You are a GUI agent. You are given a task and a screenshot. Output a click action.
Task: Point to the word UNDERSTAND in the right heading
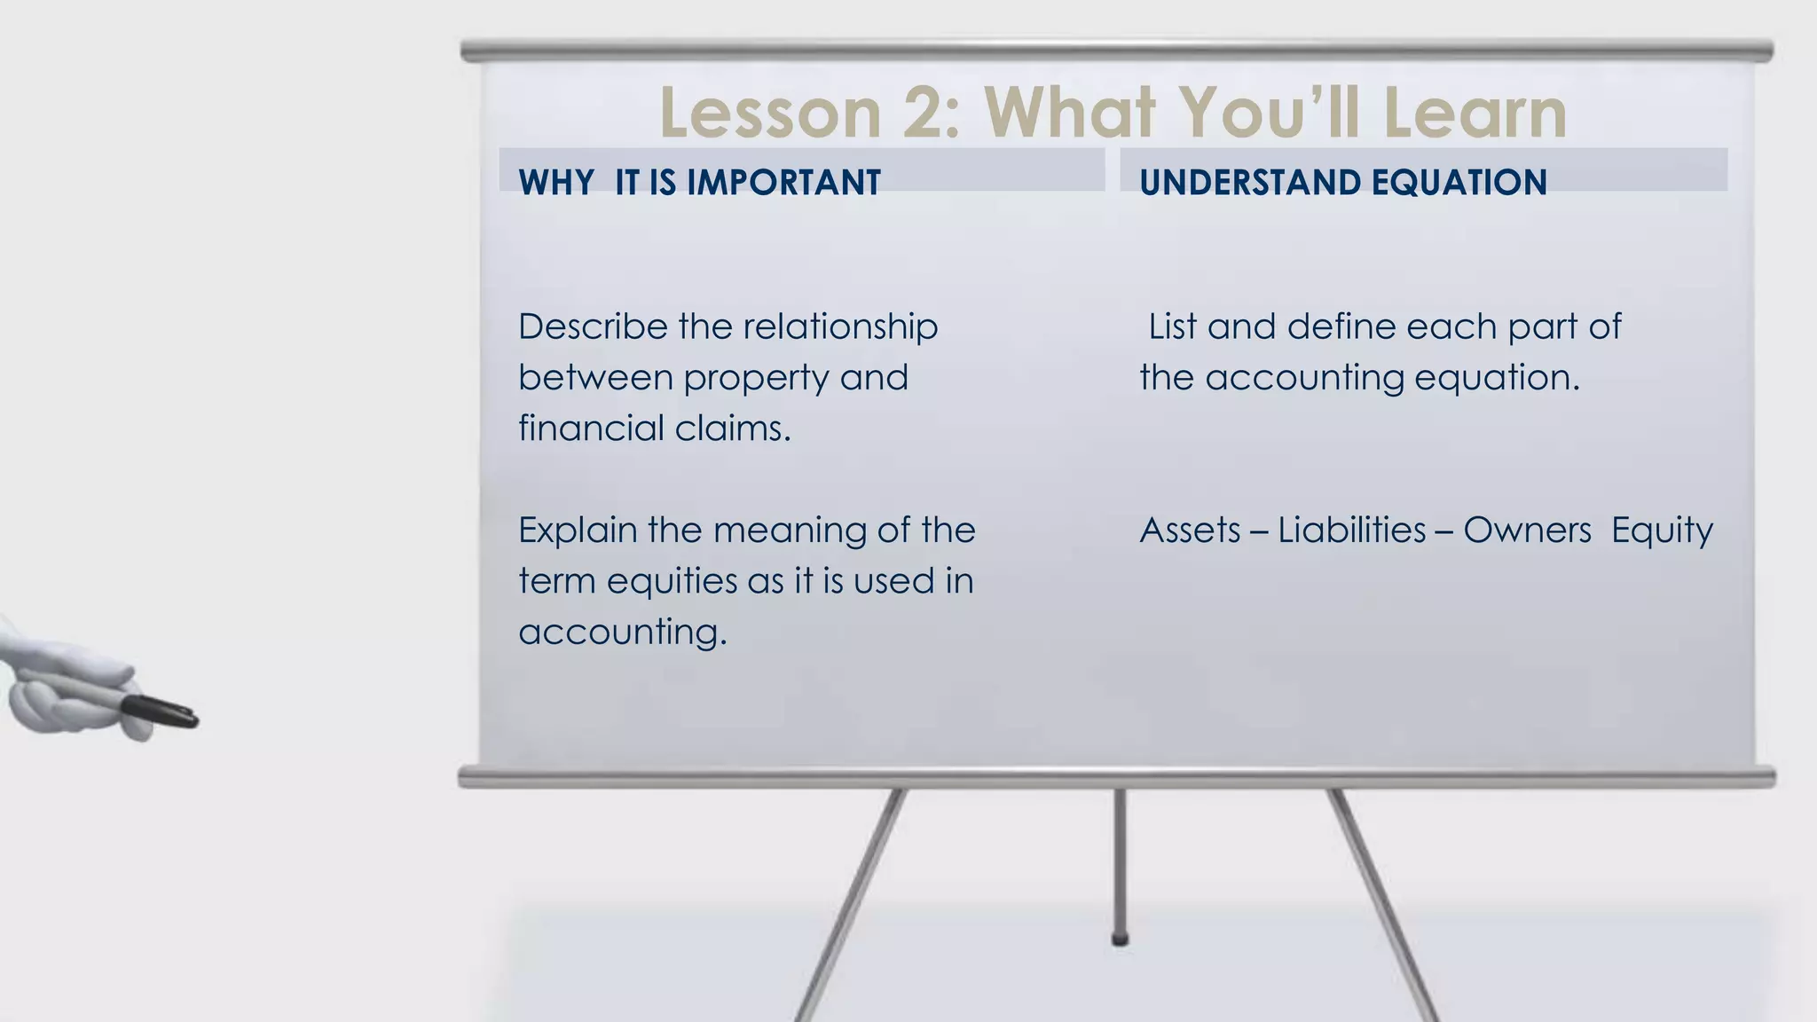[1250, 183]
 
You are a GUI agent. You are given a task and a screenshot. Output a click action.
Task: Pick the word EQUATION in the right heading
[1459, 183]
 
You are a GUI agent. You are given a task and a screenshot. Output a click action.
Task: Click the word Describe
[593, 326]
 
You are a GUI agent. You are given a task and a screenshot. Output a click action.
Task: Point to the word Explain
[578, 531]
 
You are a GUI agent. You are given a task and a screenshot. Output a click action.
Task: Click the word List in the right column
[1172, 326]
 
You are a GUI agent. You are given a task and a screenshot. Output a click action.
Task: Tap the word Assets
[1190, 531]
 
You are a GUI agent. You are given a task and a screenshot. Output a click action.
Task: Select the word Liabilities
[1351, 531]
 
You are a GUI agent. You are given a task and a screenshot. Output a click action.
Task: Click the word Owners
[1527, 531]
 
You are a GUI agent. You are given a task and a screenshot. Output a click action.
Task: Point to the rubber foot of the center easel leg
[1120, 939]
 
